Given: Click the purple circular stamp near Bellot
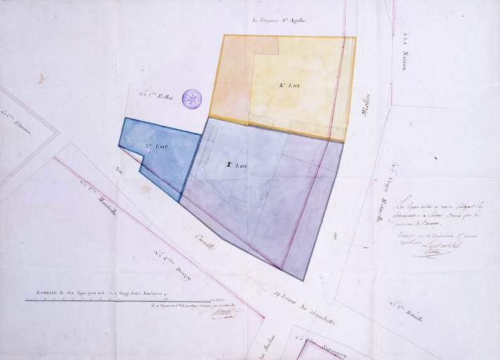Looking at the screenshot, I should tap(192, 99).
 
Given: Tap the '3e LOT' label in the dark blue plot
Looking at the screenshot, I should tap(154, 146).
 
